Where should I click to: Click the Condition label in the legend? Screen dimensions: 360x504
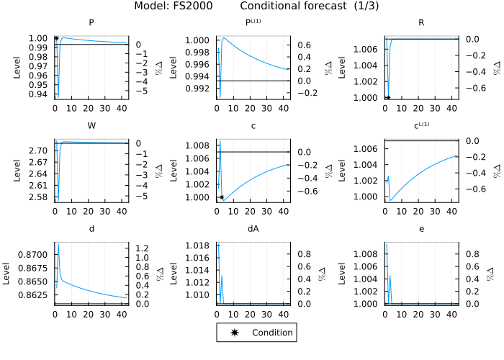(271, 333)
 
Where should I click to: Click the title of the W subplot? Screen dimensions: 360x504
(91, 126)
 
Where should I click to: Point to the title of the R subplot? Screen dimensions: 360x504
(421, 22)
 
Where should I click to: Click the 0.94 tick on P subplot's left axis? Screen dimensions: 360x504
(40, 94)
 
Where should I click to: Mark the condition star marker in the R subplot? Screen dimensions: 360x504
(388, 98)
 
